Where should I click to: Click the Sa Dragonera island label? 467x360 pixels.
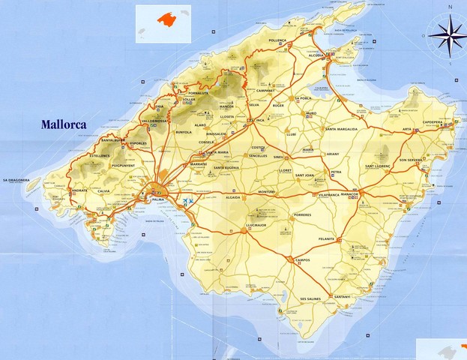(16, 180)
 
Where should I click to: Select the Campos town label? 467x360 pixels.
(303, 259)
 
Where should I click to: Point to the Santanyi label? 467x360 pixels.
(343, 297)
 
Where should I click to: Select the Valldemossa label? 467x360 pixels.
(154, 120)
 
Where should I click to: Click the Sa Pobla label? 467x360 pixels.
(303, 98)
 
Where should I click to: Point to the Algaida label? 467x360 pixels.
(233, 197)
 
